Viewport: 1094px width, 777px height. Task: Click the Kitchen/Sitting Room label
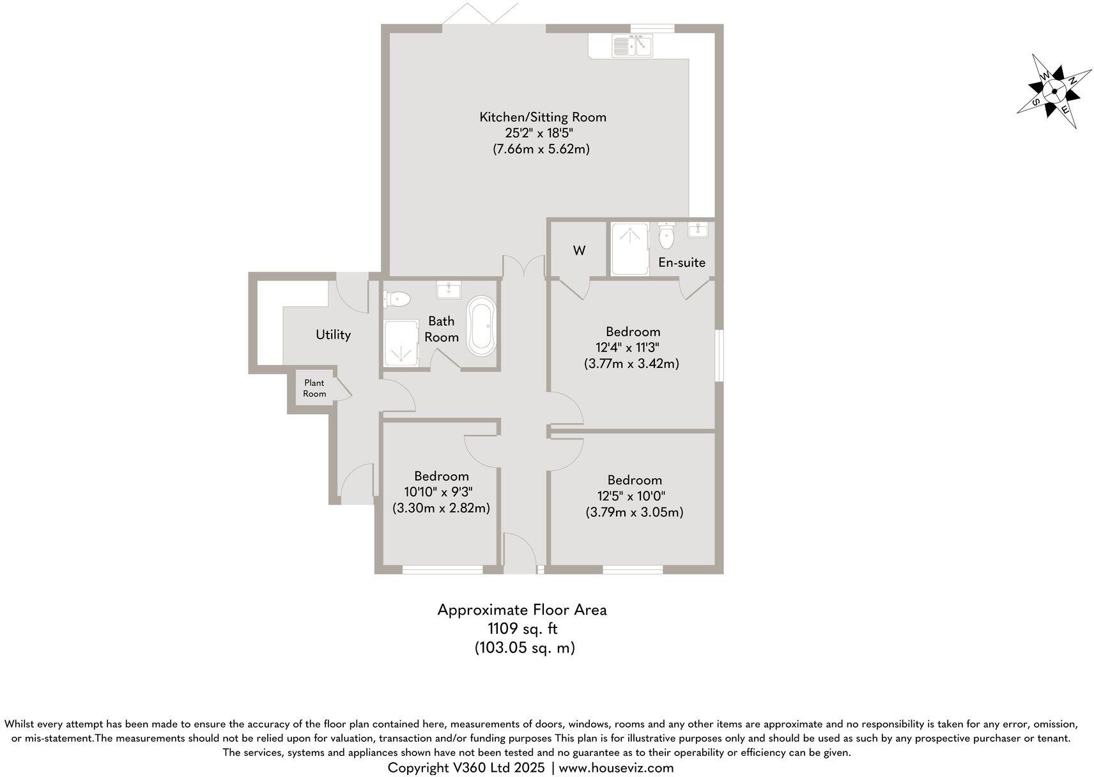pyautogui.click(x=543, y=117)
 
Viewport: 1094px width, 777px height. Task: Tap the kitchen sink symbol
pyautogui.click(x=631, y=46)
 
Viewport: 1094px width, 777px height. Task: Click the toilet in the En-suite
pyautogui.click(x=666, y=237)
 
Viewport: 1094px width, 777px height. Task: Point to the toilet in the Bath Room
pyautogui.click(x=397, y=298)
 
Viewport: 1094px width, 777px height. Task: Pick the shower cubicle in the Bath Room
pyautogui.click(x=401, y=344)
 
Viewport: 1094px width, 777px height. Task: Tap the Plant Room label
pyautogui.click(x=314, y=388)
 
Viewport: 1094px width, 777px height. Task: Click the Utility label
pyautogui.click(x=333, y=335)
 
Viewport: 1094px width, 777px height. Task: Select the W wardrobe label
pyautogui.click(x=579, y=250)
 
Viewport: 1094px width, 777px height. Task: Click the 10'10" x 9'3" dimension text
pyautogui.click(x=441, y=492)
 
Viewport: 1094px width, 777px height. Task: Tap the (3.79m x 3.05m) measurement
pyautogui.click(x=635, y=512)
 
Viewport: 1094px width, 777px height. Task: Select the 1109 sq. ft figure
pyautogui.click(x=523, y=629)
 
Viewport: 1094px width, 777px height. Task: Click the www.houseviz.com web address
pyautogui.click(x=616, y=767)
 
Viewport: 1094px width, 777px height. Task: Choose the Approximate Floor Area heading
pyautogui.click(x=522, y=610)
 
